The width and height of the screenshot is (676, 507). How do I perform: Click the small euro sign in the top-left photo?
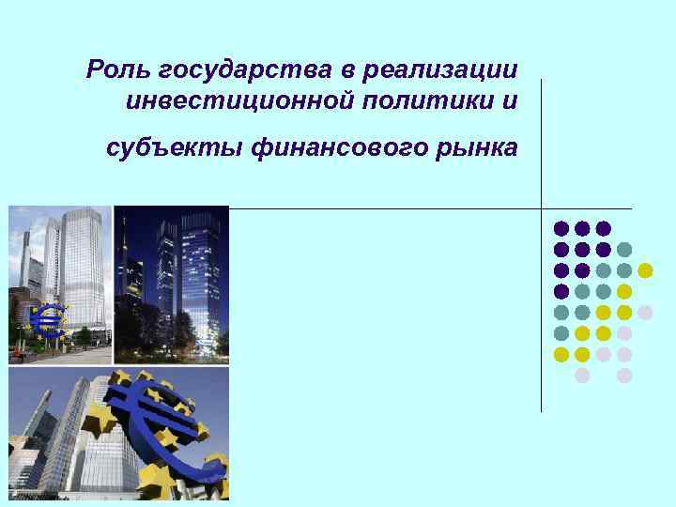pyautogui.click(x=47, y=321)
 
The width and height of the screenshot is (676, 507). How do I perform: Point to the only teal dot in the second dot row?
pyautogui.click(x=624, y=250)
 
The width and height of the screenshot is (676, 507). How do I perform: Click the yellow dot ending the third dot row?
pyautogui.click(x=645, y=270)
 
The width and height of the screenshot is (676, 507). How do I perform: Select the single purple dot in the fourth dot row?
pyautogui.click(x=561, y=291)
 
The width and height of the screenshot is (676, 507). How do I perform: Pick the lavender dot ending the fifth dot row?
pyautogui.click(x=645, y=312)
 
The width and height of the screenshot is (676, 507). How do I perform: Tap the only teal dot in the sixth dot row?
pyautogui.click(x=561, y=332)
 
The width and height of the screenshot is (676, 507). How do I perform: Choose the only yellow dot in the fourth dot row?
pyautogui.click(x=624, y=291)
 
